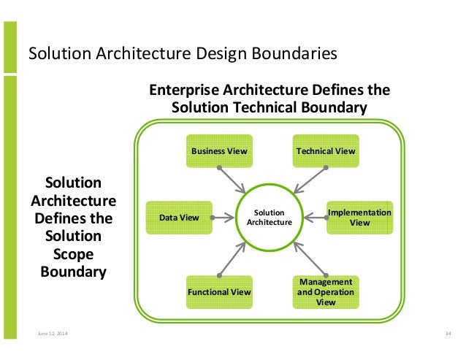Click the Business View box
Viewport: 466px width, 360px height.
(x=219, y=151)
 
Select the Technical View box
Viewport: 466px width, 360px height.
(x=326, y=151)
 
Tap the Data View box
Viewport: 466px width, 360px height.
(x=179, y=217)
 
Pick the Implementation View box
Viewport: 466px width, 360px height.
(x=359, y=217)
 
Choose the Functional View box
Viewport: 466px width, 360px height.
(x=219, y=292)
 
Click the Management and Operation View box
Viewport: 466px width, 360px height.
(x=326, y=291)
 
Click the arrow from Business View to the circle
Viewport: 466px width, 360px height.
(x=235, y=180)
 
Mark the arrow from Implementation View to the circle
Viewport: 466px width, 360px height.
(x=315, y=216)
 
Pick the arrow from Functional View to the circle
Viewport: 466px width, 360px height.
(x=236, y=256)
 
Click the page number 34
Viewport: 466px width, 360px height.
(x=448, y=334)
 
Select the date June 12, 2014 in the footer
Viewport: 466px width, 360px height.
(x=50, y=334)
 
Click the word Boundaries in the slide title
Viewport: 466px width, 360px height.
(x=298, y=54)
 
